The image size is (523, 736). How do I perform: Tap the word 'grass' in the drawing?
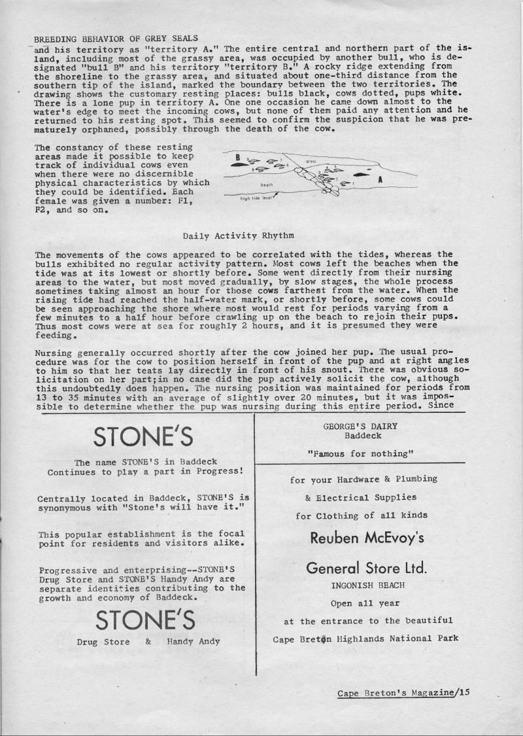(311, 160)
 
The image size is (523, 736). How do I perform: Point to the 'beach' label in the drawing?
(266, 185)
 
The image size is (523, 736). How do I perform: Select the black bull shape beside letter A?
(361, 176)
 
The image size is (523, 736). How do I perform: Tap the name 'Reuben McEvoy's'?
(367, 538)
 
